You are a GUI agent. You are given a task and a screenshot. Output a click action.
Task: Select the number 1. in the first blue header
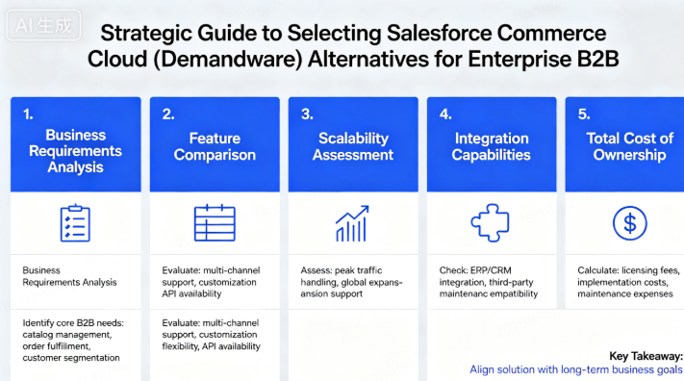click(x=28, y=114)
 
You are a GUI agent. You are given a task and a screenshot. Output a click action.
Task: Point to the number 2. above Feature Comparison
click(x=168, y=114)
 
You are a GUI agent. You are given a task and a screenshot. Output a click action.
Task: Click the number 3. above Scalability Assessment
click(x=307, y=114)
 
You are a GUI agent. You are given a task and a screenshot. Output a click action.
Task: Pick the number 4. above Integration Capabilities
click(x=445, y=114)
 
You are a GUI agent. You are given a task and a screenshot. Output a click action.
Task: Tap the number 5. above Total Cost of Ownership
click(x=582, y=114)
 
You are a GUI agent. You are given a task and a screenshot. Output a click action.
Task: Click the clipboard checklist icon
click(x=74, y=223)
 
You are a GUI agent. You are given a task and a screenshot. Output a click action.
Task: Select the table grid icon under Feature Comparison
click(x=214, y=223)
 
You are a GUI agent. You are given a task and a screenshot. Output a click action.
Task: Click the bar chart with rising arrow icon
click(x=352, y=223)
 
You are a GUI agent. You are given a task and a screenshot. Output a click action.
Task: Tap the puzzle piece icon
click(x=490, y=223)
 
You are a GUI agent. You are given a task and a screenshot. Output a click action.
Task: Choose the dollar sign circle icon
click(x=629, y=223)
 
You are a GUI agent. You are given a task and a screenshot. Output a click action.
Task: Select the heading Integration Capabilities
click(x=491, y=146)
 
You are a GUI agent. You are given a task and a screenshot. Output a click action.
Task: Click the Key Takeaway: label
click(x=646, y=355)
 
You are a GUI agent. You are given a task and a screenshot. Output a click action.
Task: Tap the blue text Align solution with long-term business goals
click(x=575, y=369)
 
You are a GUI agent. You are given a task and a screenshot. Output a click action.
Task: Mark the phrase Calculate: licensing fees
click(x=626, y=269)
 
